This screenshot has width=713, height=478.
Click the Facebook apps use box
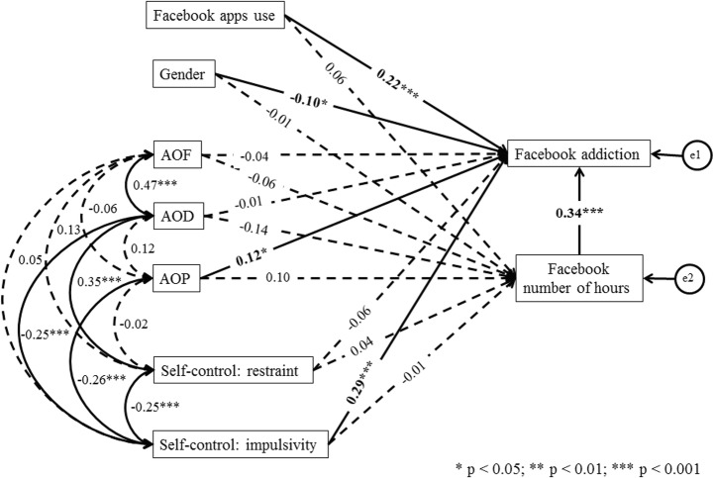(x=217, y=16)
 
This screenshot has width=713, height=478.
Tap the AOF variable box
(x=178, y=155)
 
